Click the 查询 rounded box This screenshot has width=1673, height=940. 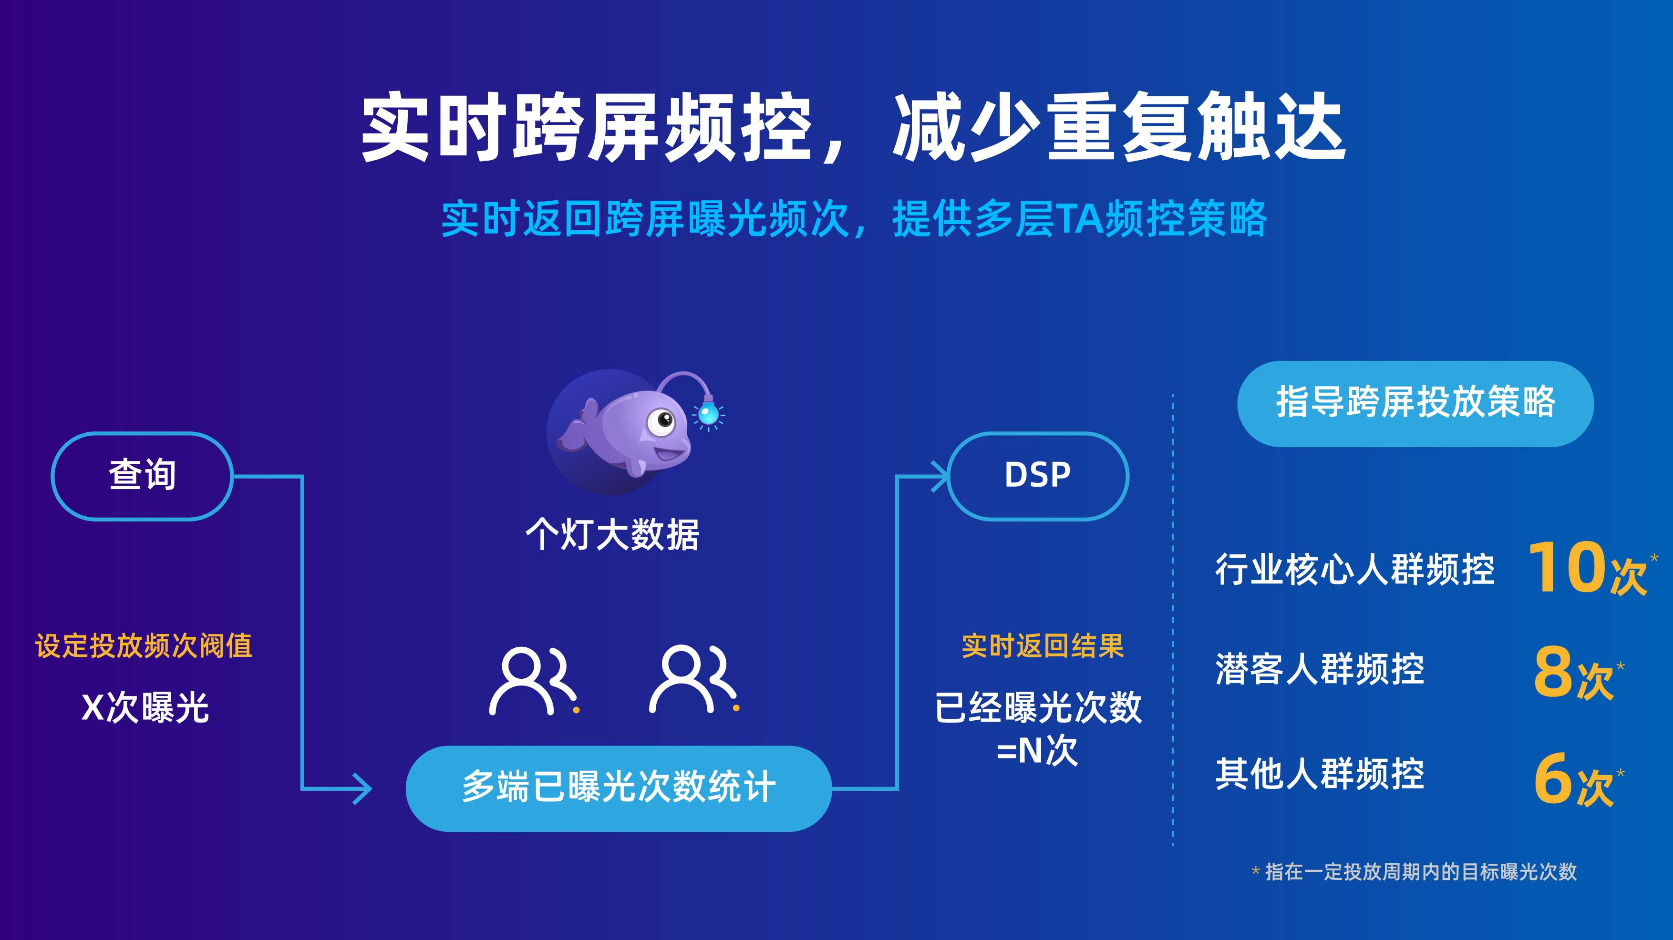pyautogui.click(x=142, y=476)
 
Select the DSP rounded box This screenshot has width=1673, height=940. pyautogui.click(x=1037, y=476)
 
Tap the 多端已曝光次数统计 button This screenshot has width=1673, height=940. pyautogui.click(x=618, y=788)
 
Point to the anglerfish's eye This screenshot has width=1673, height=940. pyautogui.click(x=662, y=421)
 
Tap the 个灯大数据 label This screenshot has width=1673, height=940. pyautogui.click(x=612, y=535)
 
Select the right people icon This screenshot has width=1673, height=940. pyautogui.click(x=691, y=680)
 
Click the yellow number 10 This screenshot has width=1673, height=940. pyautogui.click(x=1567, y=568)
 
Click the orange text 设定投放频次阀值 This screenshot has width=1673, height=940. pyautogui.click(x=144, y=646)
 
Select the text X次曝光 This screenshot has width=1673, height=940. pyautogui.click(x=145, y=707)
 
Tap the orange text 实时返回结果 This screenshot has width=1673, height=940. pyautogui.click(x=1043, y=646)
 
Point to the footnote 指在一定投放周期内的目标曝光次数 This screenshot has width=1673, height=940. pyautogui.click(x=1420, y=872)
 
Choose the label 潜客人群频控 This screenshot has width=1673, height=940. pyautogui.click(x=1320, y=669)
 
